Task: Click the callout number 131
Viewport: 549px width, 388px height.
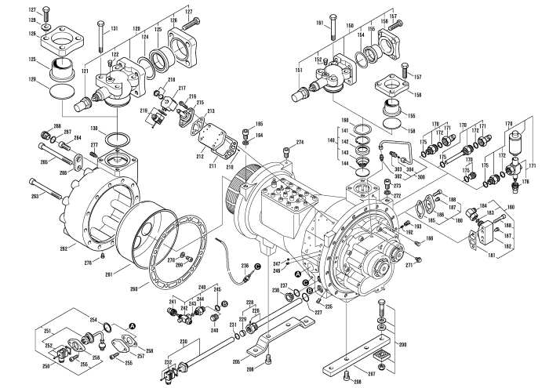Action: (114, 28)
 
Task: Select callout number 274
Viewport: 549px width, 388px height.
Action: (299, 141)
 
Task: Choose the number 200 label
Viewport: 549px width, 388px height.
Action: (402, 322)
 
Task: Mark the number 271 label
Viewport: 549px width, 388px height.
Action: (409, 266)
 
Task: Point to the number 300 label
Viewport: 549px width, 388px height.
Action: (418, 178)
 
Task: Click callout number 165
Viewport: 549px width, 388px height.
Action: (259, 124)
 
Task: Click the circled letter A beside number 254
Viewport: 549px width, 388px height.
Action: (132, 325)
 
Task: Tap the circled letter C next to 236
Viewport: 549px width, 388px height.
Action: (256, 267)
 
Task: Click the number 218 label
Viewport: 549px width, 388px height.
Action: (171, 81)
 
